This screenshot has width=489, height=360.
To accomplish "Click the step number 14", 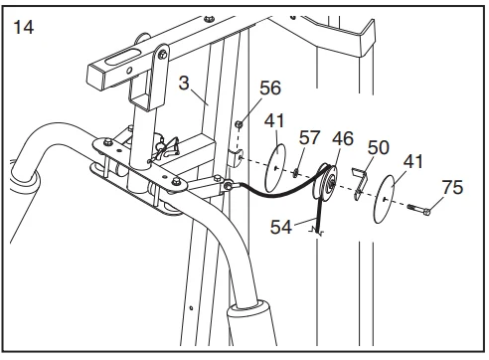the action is pyautogui.click(x=23, y=27).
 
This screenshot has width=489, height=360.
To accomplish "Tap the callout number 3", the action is pyautogui.click(x=184, y=83).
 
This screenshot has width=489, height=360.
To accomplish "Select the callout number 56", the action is pyautogui.click(x=270, y=89).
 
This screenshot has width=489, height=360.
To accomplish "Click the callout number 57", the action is pyautogui.click(x=310, y=137).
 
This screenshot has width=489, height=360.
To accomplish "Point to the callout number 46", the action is pyautogui.click(x=343, y=138).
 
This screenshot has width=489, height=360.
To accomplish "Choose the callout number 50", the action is pyautogui.click(x=378, y=147).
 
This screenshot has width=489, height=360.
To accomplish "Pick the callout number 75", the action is pyautogui.click(x=452, y=187).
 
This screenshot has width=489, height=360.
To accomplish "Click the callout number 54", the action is pyautogui.click(x=281, y=227).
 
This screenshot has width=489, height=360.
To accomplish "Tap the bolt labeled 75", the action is pyautogui.click(x=419, y=210).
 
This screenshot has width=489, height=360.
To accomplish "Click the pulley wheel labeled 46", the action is pyautogui.click(x=326, y=183).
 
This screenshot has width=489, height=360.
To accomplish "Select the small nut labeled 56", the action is pyautogui.click(x=239, y=124).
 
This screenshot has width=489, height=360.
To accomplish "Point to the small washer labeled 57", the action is pyautogui.click(x=295, y=173).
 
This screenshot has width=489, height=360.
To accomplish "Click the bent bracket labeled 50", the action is pyautogui.click(x=361, y=183).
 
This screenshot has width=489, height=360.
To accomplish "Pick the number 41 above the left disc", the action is pyautogui.click(x=274, y=121).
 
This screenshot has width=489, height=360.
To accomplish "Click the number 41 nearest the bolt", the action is pyautogui.click(x=413, y=162).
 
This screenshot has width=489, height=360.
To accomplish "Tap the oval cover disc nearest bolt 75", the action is pyautogui.click(x=385, y=199).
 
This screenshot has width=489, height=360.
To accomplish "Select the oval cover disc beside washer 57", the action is pyautogui.click(x=275, y=168).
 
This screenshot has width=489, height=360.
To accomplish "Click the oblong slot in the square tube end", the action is pyautogui.click(x=123, y=57).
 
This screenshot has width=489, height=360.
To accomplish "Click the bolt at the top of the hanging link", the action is pyautogui.click(x=162, y=54).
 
